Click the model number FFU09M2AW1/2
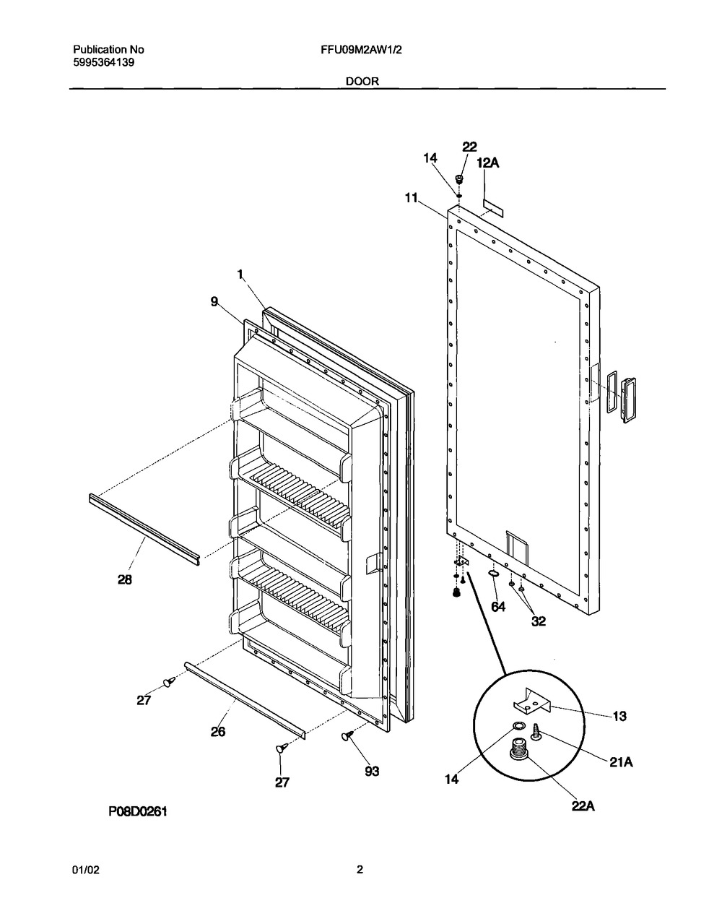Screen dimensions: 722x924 coord(362,50)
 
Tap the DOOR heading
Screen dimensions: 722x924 coord(362,81)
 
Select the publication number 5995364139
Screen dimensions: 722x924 coord(104,63)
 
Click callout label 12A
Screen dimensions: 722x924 coord(488,163)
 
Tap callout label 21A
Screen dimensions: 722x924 coord(621,762)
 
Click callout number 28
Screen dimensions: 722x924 coord(125,579)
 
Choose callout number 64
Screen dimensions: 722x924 coord(498,607)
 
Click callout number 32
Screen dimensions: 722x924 coord(539,621)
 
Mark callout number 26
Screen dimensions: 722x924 coord(218,731)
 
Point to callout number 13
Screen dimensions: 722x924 coord(619,716)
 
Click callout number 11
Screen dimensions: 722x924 coord(412,198)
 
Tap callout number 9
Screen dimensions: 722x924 coord(214,301)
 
